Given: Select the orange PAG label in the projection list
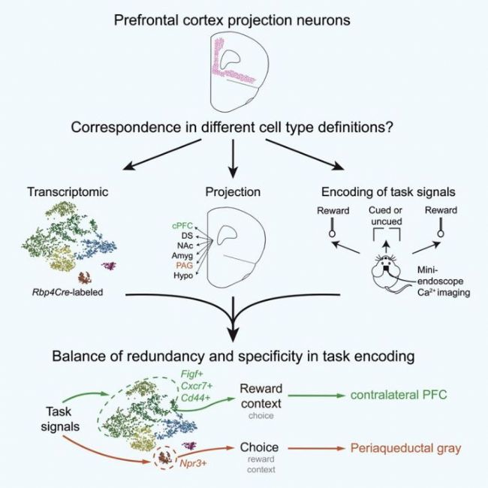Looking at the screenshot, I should click(x=183, y=265).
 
